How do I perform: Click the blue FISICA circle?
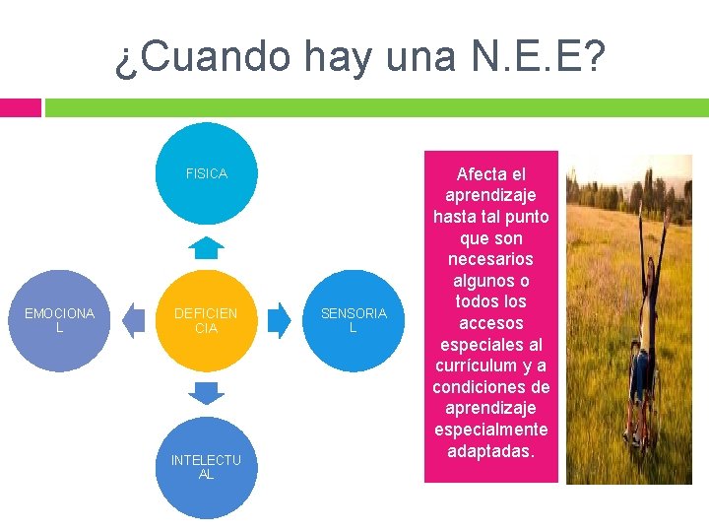(206, 173)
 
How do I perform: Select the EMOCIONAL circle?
(59, 320)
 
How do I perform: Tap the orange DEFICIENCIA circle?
(206, 320)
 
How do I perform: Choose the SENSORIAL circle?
(354, 320)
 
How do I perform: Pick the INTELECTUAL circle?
(206, 467)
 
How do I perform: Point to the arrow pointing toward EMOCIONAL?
(132, 320)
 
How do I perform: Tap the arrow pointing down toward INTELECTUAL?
(206, 393)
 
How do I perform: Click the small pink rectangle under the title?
(20, 106)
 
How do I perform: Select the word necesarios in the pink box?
(490, 259)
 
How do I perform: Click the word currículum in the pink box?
(472, 366)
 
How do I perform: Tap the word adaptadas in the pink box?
(490, 451)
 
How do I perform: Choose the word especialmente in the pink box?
(490, 430)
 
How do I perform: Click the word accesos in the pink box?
(490, 323)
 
